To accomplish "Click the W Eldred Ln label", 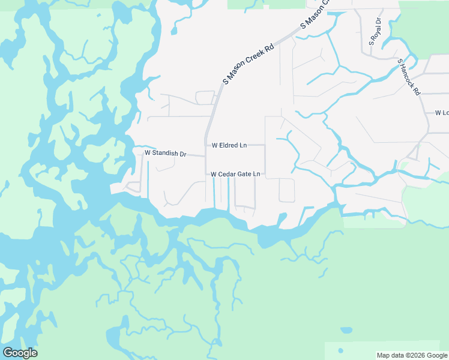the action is coord(229,145).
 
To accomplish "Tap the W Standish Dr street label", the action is coord(166,154).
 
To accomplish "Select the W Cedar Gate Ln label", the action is coord(235,174).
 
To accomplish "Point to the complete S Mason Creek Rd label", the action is coord(249,64).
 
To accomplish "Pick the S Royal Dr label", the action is coord(375,32).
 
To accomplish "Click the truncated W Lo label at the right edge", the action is coord(442,113).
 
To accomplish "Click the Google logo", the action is coord(20,353).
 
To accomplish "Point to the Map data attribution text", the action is coord(412,355).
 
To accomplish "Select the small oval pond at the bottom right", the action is coord(346,330).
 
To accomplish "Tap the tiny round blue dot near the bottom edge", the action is coord(340,350).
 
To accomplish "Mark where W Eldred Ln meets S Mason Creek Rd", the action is coord(206,145).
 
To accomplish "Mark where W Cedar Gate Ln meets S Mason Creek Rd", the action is coord(206,174).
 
